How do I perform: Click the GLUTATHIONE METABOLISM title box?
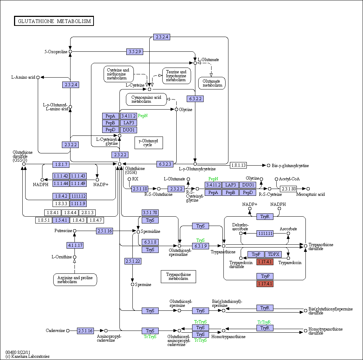[54, 21]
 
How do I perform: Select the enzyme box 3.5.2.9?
[135, 52]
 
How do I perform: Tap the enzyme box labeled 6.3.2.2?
[195, 99]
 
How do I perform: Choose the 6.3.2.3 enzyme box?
[165, 164]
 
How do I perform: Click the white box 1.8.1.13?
[239, 165]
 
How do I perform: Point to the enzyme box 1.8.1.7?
[61, 165]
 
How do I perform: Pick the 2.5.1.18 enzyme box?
[140, 189]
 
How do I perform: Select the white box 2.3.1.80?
[289, 189]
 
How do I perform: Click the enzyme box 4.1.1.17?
[75, 245]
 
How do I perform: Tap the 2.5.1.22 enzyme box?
[133, 261]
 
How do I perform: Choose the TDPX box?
[273, 254]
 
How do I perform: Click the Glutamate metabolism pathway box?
[212, 83]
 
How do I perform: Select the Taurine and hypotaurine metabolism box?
[176, 76]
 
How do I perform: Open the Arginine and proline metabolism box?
[75, 280]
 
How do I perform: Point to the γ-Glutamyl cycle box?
[149, 143]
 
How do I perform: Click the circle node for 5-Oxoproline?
[71, 52]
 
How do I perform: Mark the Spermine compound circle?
[132, 285]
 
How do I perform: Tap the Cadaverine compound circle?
[68, 331]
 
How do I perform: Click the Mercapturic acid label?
[310, 194]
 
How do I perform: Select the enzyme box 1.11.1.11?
[265, 234]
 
